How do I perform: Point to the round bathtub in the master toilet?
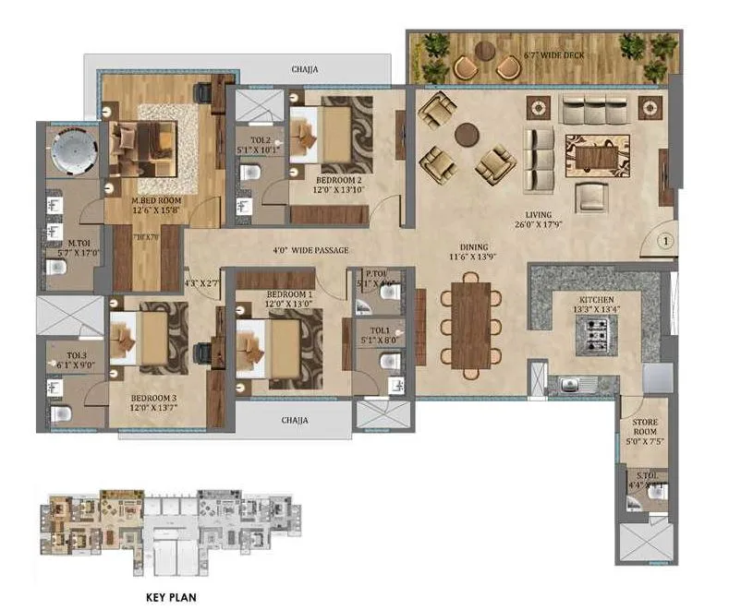pos(69,150)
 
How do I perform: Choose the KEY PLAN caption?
pos(171,597)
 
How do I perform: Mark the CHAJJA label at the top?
pos(306,68)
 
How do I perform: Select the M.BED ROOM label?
pos(155,199)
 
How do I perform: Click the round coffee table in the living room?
pos(468,132)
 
